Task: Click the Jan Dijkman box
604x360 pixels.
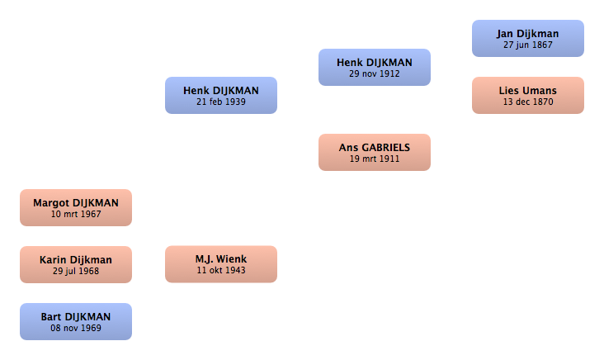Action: click(x=528, y=39)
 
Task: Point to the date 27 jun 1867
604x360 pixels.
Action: click(x=528, y=45)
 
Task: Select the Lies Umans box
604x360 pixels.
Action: click(x=528, y=95)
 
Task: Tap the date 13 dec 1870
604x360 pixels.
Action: click(x=528, y=102)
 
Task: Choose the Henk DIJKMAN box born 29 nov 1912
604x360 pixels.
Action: click(x=375, y=67)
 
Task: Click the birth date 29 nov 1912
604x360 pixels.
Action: click(x=375, y=73)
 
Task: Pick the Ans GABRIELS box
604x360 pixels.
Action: click(x=375, y=152)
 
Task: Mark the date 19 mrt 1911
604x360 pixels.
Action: click(x=375, y=159)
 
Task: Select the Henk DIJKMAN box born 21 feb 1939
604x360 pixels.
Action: click(x=221, y=95)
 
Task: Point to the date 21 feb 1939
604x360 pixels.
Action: click(x=221, y=102)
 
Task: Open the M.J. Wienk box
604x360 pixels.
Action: click(x=221, y=264)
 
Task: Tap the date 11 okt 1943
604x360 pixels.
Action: click(x=221, y=270)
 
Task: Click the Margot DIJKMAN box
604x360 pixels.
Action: click(x=76, y=208)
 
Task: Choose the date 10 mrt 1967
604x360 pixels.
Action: click(x=76, y=214)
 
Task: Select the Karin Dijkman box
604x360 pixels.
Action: click(x=76, y=264)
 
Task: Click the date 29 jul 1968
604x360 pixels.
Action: click(x=76, y=271)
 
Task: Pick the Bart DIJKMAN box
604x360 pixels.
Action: click(x=76, y=321)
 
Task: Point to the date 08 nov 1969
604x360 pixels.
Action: click(x=76, y=328)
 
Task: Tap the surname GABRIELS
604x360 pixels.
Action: click(x=386, y=148)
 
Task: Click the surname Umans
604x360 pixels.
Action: click(x=540, y=91)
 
